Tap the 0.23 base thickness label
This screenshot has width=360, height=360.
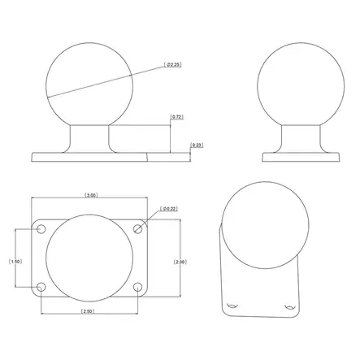(196, 145)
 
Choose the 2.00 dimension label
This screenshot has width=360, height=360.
(181, 261)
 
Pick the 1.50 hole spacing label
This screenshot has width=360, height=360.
(14, 261)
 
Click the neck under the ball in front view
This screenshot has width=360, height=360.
(89, 137)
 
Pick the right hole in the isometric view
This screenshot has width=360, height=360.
(288, 308)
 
